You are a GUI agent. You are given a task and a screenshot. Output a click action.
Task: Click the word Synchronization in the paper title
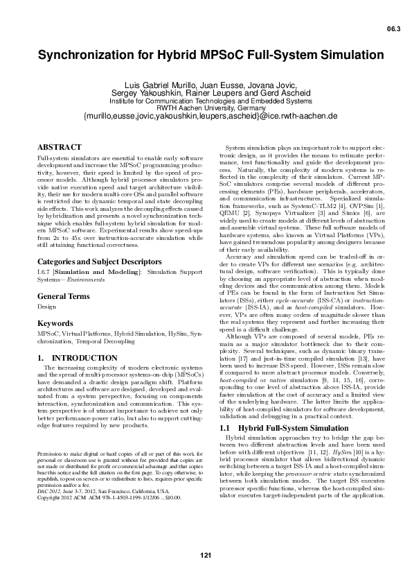click(86, 55)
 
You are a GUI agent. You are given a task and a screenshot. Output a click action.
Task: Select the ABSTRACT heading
click(58, 148)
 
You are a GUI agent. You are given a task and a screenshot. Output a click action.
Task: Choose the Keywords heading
click(55, 343)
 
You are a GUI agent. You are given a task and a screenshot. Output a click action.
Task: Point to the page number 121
click(206, 554)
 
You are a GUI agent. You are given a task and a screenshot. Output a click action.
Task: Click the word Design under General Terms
click(46, 325)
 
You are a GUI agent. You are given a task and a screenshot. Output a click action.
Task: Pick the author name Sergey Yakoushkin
click(145, 93)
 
